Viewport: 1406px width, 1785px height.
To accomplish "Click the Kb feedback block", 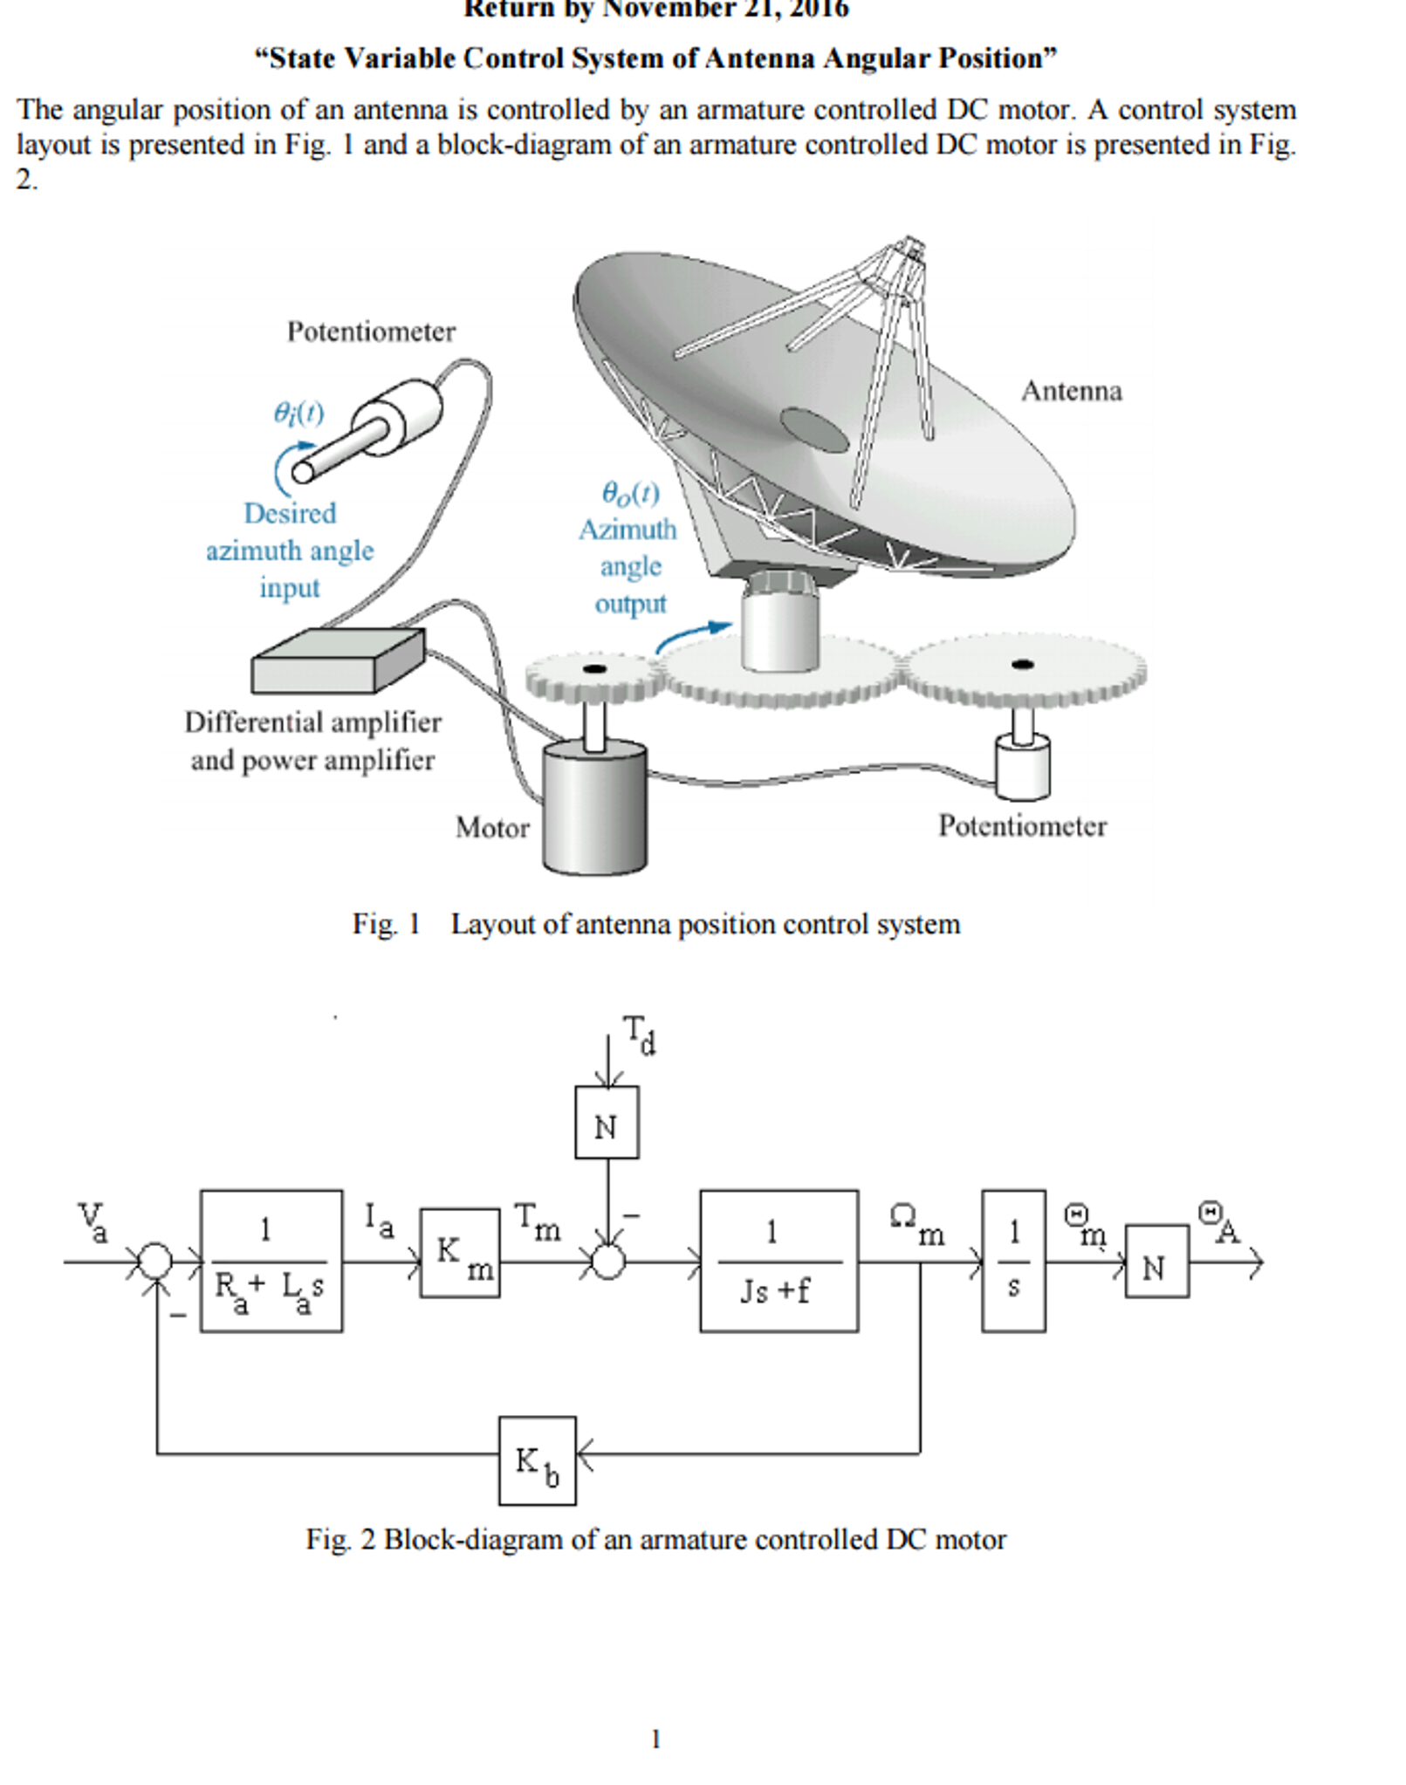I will click(537, 1460).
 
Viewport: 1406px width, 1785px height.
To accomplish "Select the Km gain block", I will click(460, 1253).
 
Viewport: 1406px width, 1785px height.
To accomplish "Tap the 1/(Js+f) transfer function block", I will click(778, 1261).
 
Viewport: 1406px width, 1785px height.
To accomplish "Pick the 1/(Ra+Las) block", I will click(271, 1261).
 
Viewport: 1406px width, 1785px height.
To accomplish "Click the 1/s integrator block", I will click(1013, 1261).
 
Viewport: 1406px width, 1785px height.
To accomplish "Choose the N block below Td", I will click(607, 1122).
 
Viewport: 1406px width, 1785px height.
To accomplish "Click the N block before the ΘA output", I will click(1156, 1262).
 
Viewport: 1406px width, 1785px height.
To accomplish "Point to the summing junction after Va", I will click(156, 1262).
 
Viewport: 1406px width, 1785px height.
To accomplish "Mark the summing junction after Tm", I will click(607, 1262).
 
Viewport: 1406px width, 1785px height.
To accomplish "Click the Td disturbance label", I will click(640, 1035).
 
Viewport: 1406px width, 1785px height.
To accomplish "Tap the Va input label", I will click(93, 1221).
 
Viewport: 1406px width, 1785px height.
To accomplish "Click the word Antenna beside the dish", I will click(1071, 391).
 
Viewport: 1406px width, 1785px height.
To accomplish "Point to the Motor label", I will click(492, 827).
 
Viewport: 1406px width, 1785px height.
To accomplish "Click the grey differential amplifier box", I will click(338, 661).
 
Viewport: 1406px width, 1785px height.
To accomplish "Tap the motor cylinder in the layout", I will click(594, 807).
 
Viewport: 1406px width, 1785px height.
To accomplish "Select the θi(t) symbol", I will click(298, 412).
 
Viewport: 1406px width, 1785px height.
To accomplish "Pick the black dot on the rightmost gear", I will click(1023, 665).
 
